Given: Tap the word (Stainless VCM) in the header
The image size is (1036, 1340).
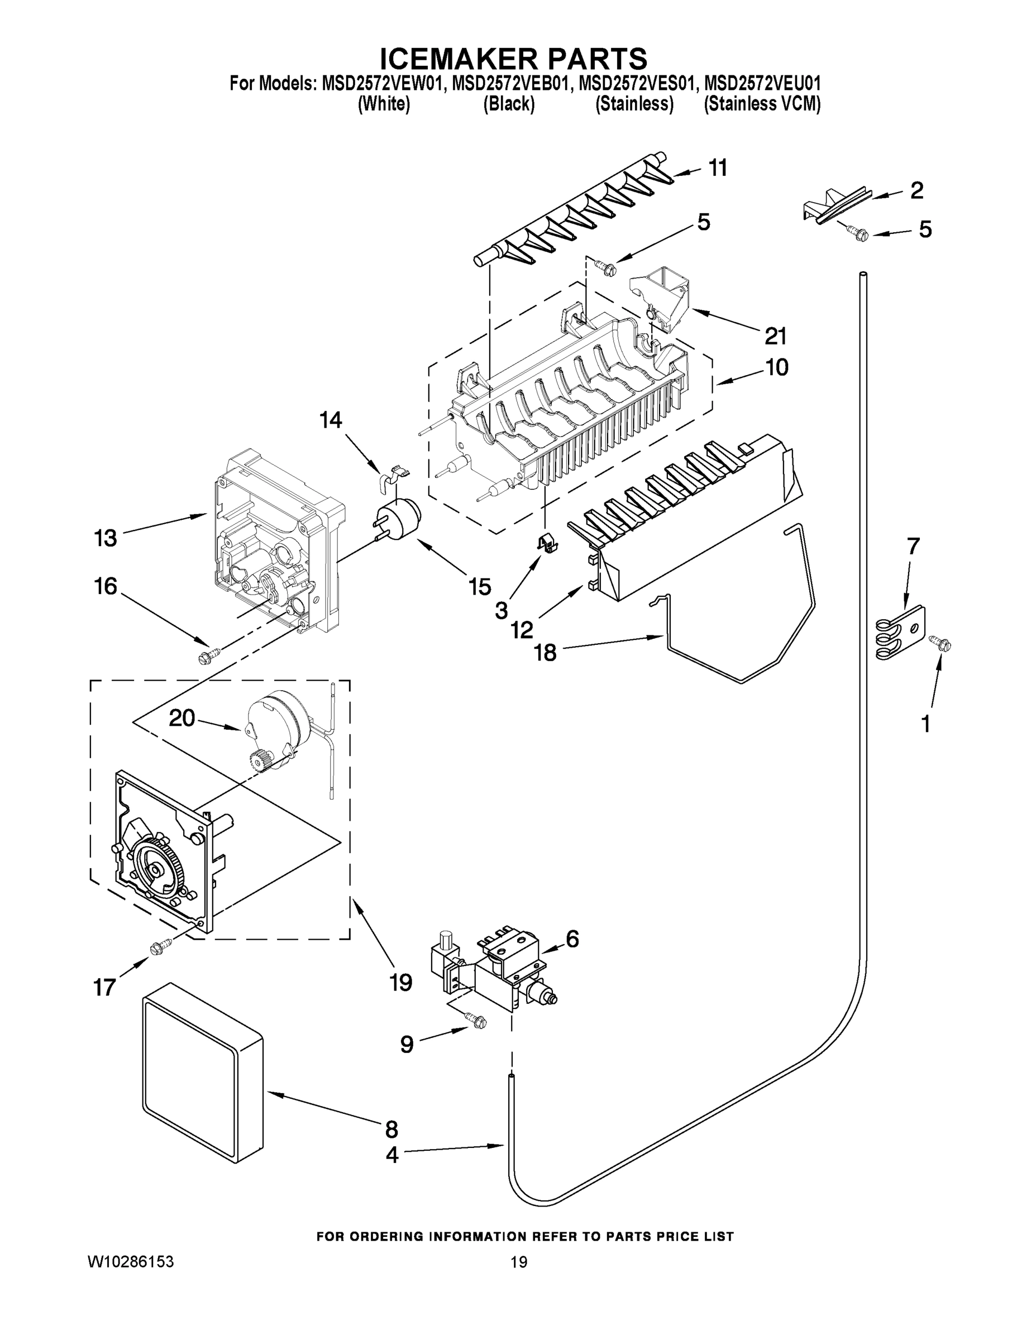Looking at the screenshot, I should pos(762,104).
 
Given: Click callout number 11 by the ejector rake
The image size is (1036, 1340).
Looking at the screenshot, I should pos(718,167).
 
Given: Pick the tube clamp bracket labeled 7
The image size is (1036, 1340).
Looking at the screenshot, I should pos(901,634).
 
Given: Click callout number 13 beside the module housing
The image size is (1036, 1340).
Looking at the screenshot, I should pos(105,538).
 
